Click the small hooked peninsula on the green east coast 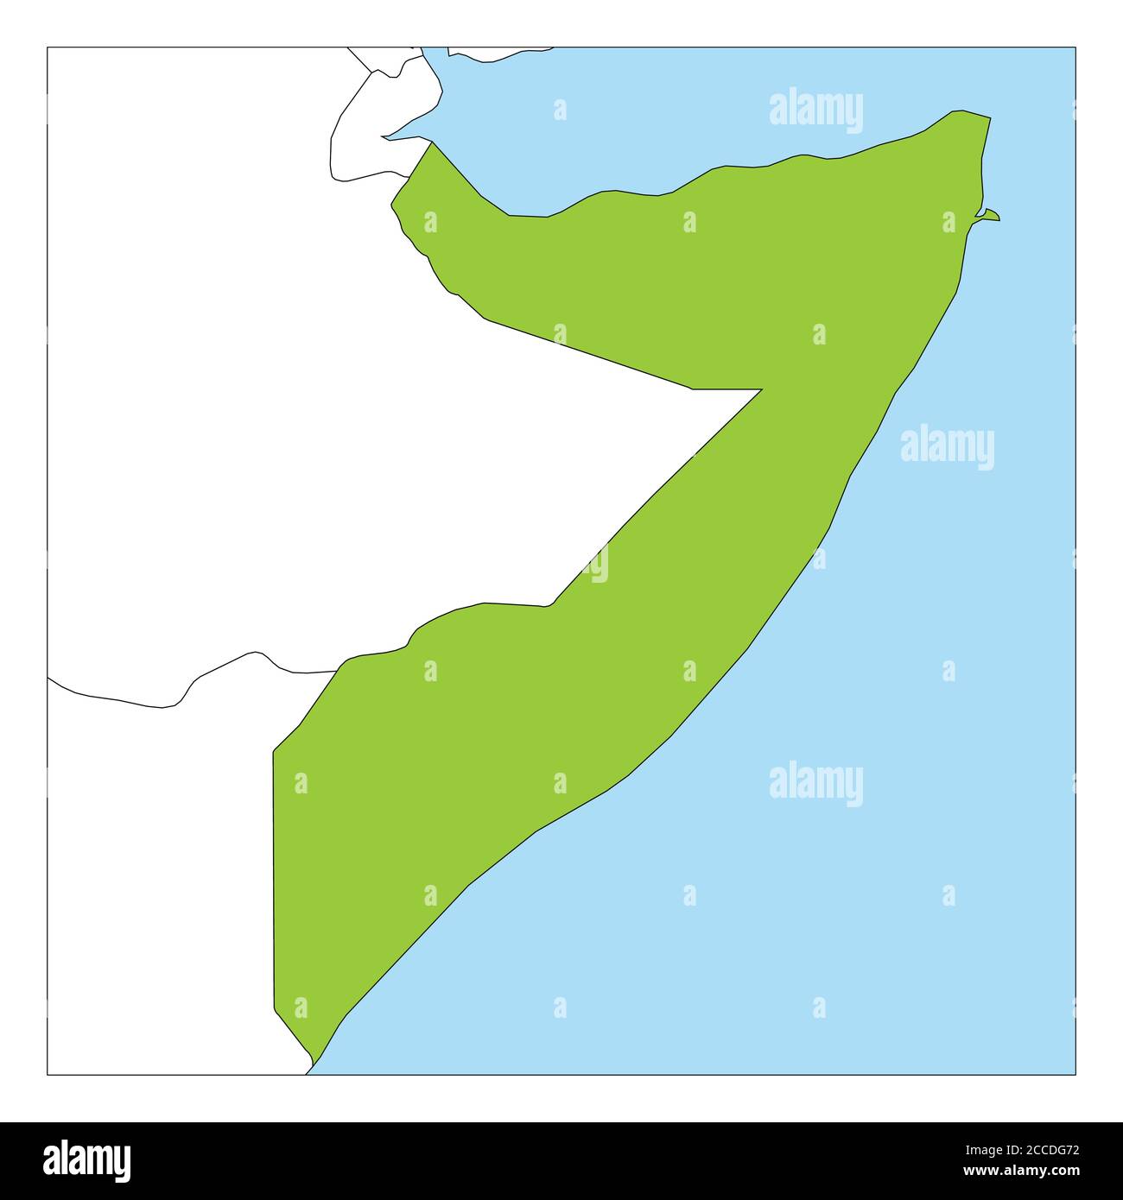pyautogui.click(x=990, y=215)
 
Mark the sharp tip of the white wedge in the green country pyautogui.click(x=760, y=390)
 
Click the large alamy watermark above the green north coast pyautogui.click(x=815, y=111)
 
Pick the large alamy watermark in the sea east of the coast pyautogui.click(x=947, y=447)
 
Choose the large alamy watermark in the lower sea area pyautogui.click(x=815, y=784)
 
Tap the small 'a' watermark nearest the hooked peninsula pyautogui.click(x=949, y=223)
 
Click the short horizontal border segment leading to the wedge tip pyautogui.click(x=726, y=389)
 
